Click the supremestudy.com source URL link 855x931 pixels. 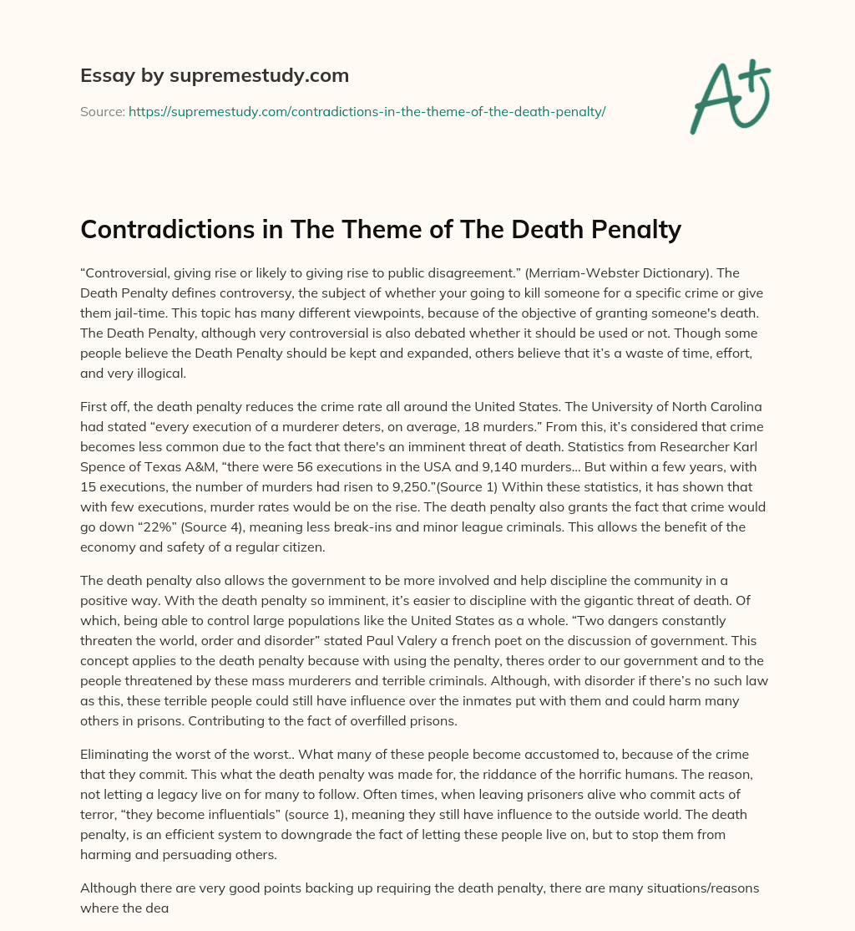click(367, 111)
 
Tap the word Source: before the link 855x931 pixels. click(102, 111)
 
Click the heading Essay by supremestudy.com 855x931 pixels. click(214, 75)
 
